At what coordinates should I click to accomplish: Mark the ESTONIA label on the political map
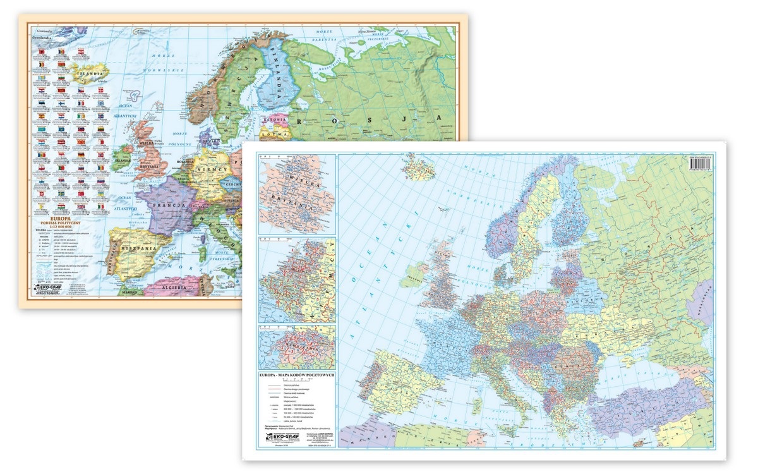(275, 119)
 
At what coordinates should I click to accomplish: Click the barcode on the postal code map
(702, 166)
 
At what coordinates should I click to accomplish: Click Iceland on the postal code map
(417, 167)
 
